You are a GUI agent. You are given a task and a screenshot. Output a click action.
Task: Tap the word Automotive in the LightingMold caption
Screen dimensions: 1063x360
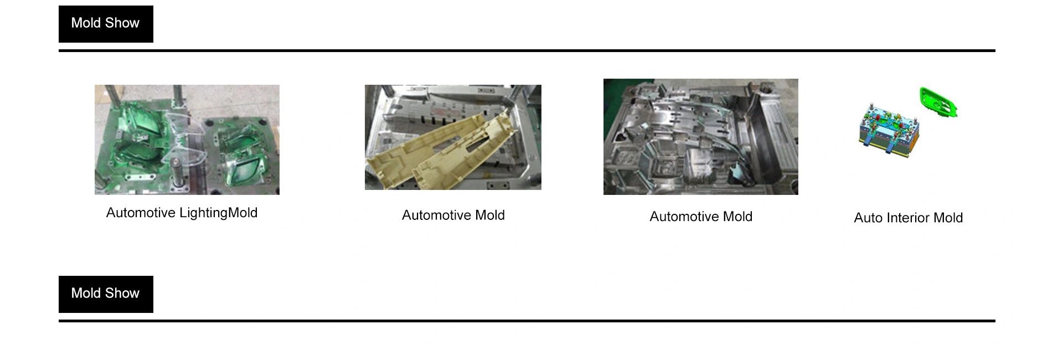(x=141, y=213)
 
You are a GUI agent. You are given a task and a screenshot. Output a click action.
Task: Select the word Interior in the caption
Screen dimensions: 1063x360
(x=908, y=218)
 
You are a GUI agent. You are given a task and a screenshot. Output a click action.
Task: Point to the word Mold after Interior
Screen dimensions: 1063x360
(x=948, y=218)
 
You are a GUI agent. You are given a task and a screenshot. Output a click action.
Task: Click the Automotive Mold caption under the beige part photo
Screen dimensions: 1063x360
(x=453, y=215)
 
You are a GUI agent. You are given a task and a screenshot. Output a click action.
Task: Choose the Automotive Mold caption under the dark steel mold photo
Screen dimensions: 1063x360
(x=701, y=217)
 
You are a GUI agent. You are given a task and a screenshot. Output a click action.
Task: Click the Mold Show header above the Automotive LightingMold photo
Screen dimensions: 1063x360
(x=106, y=24)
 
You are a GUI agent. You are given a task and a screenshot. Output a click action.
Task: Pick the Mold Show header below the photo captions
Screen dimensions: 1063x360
(x=106, y=294)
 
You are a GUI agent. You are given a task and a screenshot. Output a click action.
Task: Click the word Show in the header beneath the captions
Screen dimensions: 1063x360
(x=122, y=293)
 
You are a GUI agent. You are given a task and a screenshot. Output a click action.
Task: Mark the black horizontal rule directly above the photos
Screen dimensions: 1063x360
(x=527, y=50)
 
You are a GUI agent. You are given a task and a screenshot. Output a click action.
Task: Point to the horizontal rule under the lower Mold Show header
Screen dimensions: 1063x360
(x=527, y=321)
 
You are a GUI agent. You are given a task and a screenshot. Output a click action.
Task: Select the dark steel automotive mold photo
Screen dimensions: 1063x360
(x=701, y=137)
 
